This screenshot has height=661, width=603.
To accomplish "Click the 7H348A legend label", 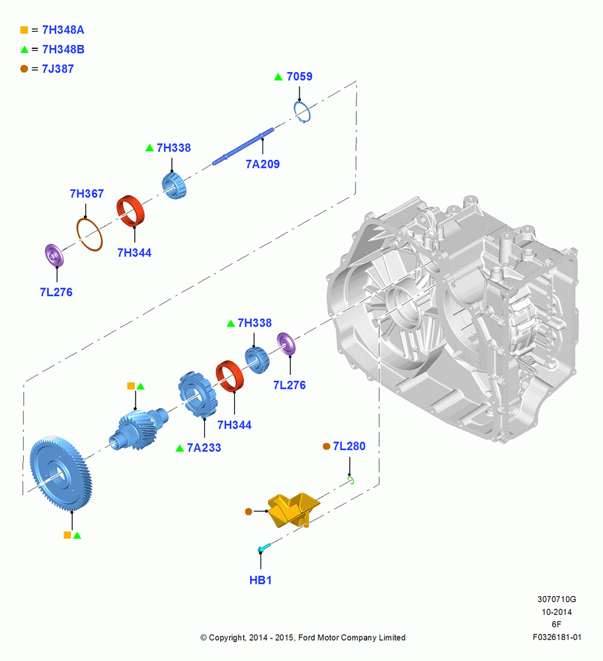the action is [x=63, y=30].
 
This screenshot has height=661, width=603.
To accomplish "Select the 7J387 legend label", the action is [x=58, y=69].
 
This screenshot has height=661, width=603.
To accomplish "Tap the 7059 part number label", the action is [x=300, y=76].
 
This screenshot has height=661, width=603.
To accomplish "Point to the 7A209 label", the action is [x=262, y=164].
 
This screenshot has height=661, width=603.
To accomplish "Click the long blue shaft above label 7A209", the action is [x=243, y=146].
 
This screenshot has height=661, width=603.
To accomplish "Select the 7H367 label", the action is [x=87, y=194].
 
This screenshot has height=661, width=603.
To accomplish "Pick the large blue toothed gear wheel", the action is [x=60, y=473].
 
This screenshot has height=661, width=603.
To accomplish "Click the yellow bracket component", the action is [x=294, y=510].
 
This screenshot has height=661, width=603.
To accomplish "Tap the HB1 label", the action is [x=260, y=580].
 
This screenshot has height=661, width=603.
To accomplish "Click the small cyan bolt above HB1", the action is [x=264, y=548].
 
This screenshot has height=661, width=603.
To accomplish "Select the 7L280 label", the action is [x=349, y=446].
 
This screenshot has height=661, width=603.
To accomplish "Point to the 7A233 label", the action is [x=204, y=447].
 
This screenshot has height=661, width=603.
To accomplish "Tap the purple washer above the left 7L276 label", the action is [x=54, y=255].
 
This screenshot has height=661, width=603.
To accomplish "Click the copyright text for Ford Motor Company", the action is [x=303, y=637].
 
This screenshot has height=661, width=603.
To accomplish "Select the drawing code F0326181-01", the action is [x=557, y=637].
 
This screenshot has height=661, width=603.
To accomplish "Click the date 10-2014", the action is [x=557, y=611].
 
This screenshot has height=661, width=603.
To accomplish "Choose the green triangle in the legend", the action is [x=24, y=50].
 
